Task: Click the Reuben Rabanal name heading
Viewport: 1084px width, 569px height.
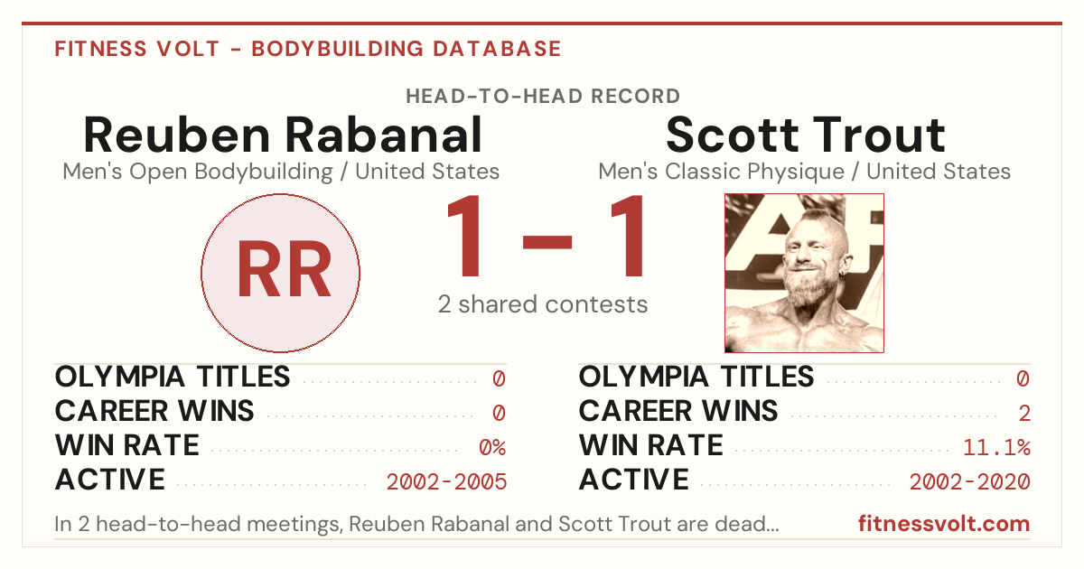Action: click(283, 135)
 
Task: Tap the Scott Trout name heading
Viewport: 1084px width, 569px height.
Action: click(805, 135)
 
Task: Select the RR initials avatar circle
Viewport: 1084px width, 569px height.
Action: click(281, 273)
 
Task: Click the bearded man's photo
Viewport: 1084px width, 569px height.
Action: click(804, 273)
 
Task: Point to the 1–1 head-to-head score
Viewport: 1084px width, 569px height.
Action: click(545, 236)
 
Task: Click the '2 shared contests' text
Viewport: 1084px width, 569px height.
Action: click(543, 305)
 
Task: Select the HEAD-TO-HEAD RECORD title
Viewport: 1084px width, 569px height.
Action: click(543, 97)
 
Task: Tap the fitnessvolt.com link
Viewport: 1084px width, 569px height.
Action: click(944, 524)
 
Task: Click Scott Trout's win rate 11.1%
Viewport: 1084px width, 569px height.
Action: click(996, 447)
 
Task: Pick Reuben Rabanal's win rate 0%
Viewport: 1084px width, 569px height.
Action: click(492, 447)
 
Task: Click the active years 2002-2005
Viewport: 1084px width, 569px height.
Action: click(446, 482)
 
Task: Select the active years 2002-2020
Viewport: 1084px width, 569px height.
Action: click(970, 482)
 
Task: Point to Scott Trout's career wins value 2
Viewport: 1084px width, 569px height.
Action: click(1024, 414)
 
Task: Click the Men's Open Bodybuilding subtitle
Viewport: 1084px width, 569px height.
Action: click(281, 172)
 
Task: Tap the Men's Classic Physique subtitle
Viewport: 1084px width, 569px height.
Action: click(804, 172)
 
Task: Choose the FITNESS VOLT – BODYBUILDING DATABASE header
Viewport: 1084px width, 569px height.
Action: click(308, 49)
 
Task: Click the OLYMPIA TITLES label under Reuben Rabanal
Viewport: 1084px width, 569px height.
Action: click(173, 377)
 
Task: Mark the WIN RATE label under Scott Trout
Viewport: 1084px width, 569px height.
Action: click(651, 445)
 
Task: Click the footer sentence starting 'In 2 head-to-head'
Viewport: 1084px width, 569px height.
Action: click(416, 524)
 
